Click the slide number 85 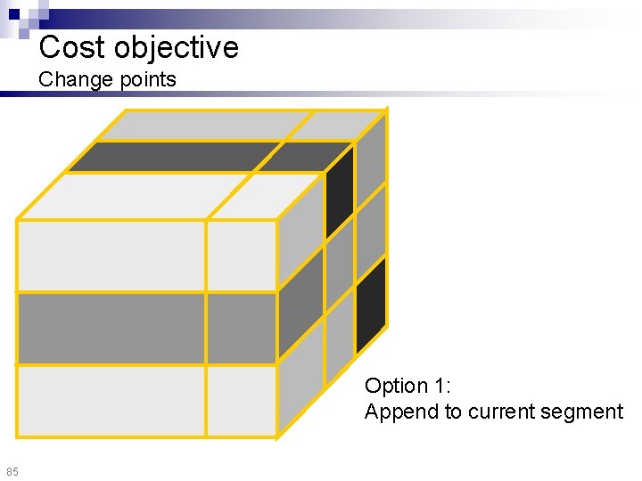pyautogui.click(x=12, y=470)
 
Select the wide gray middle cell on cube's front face pyautogui.click(x=111, y=328)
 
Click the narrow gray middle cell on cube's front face pyautogui.click(x=241, y=328)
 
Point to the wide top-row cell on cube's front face pyautogui.click(x=111, y=255)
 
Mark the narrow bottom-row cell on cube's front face pyautogui.click(x=241, y=401)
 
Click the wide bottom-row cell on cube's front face pyautogui.click(x=111, y=401)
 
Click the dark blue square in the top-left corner pyautogui.click(x=14, y=14)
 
